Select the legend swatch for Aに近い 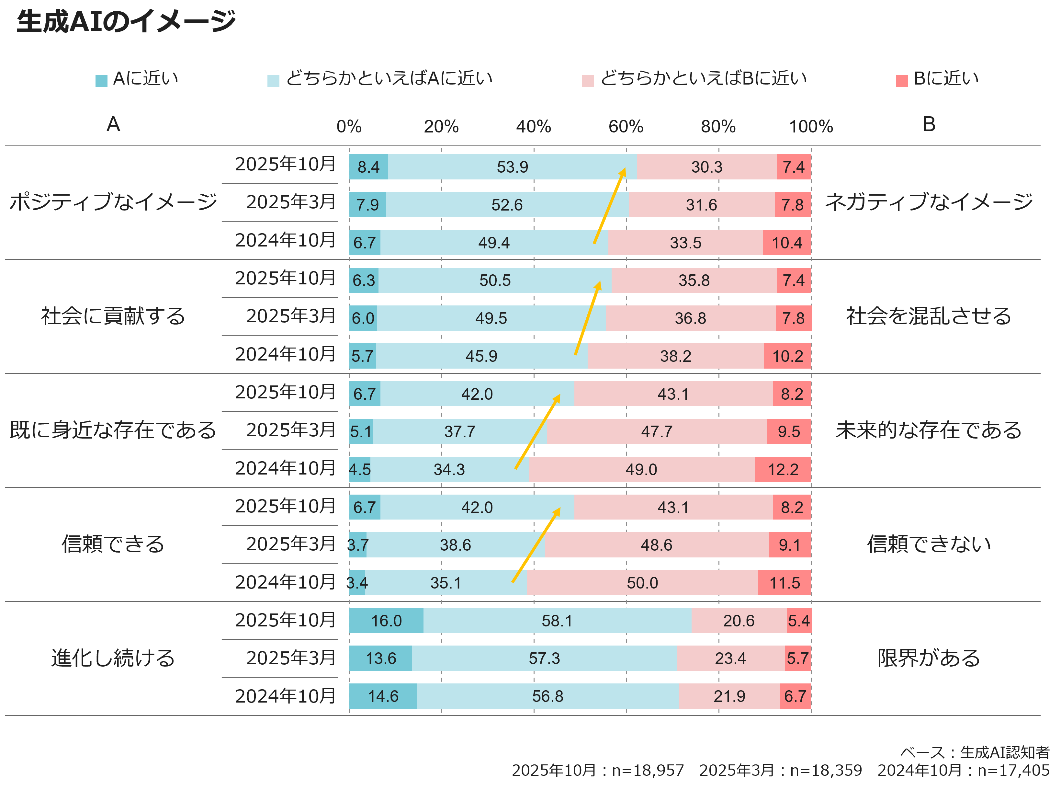[101, 81]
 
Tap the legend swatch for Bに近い [901, 81]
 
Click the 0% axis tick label [349, 127]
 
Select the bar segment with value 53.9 [512, 167]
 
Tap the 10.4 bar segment [787, 243]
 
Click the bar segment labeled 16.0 [386, 621]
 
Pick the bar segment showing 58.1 [557, 621]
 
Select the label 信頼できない [929, 544]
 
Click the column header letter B [929, 124]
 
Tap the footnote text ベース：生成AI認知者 [975, 752]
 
